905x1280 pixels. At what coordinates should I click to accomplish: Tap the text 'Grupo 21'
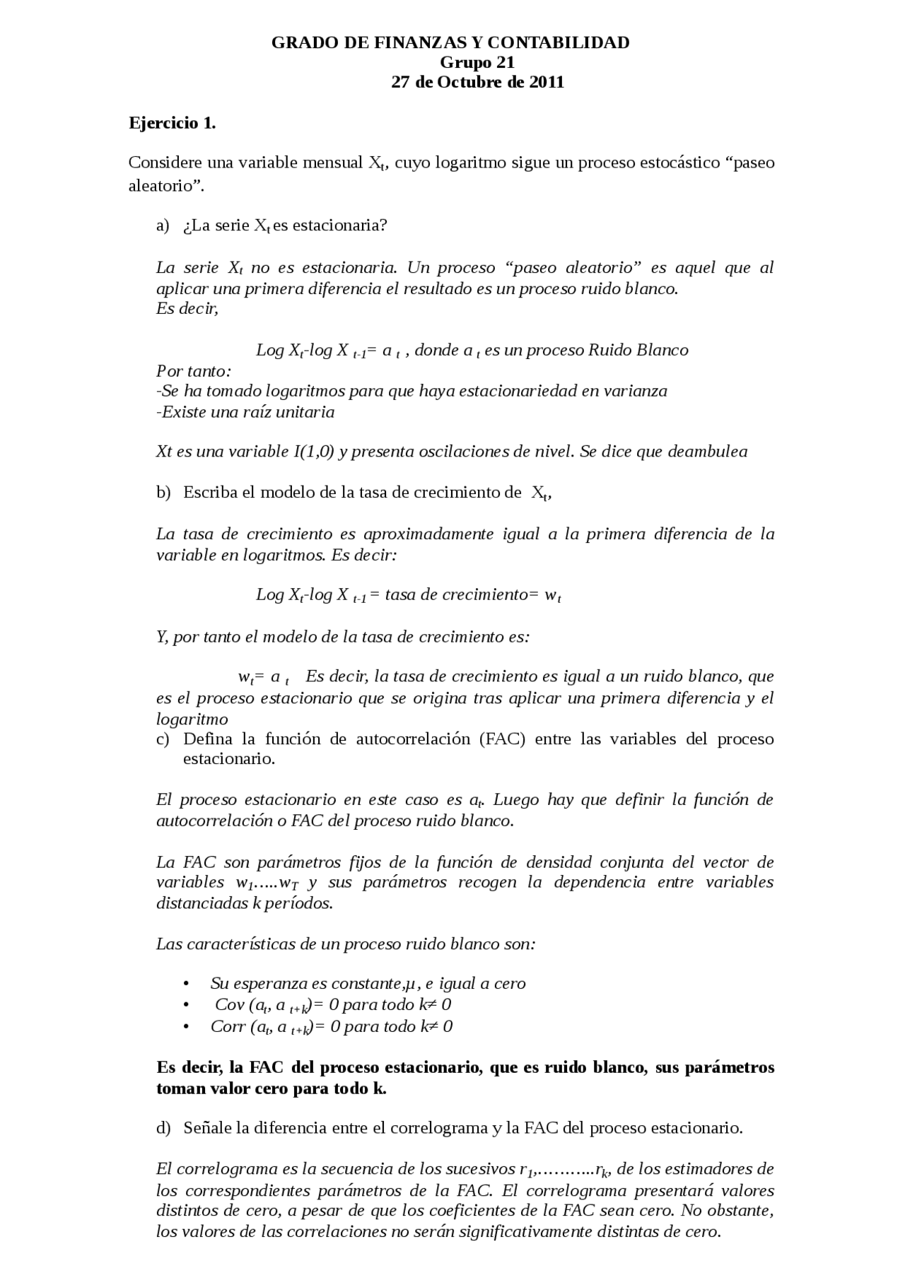[477, 63]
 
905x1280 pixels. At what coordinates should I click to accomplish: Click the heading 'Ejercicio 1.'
[172, 124]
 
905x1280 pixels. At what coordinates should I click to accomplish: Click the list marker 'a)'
[163, 225]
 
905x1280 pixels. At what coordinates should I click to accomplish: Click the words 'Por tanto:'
[193, 371]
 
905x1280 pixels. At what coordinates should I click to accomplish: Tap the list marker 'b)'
[163, 493]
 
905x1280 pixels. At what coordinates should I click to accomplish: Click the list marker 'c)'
[163, 739]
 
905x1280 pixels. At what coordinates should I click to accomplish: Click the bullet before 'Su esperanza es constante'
[186, 984]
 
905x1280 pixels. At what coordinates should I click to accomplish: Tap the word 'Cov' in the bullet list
[229, 1005]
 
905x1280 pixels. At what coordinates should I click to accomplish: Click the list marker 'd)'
[163, 1129]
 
